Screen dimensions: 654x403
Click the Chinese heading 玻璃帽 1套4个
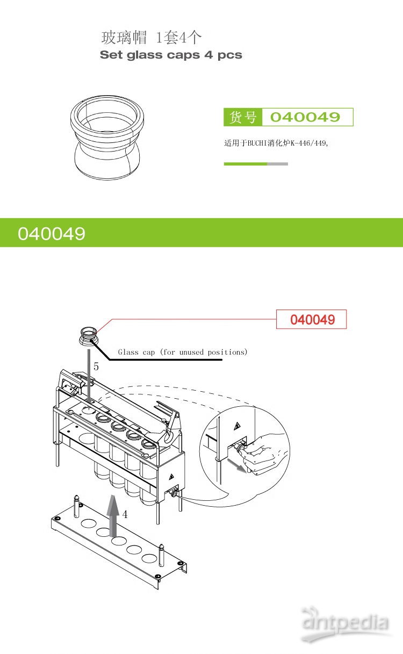(x=152, y=38)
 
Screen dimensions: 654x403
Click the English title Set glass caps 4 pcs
(x=171, y=55)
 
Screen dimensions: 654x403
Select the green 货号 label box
(x=243, y=117)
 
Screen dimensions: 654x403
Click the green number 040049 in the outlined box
(x=305, y=117)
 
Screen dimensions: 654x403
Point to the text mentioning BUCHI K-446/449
(x=276, y=143)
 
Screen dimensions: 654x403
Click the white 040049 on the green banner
(x=52, y=233)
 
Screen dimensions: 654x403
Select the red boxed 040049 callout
(x=312, y=320)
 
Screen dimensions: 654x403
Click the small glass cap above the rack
(x=87, y=335)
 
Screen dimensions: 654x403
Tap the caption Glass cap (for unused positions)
(x=183, y=352)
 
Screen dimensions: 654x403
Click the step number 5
(x=96, y=366)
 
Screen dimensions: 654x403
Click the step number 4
(x=125, y=514)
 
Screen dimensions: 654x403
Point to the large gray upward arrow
(x=112, y=515)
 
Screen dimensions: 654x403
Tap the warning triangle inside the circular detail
(x=236, y=427)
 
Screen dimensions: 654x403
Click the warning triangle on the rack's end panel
(x=171, y=477)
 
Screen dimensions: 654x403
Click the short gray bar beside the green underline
(x=277, y=164)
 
